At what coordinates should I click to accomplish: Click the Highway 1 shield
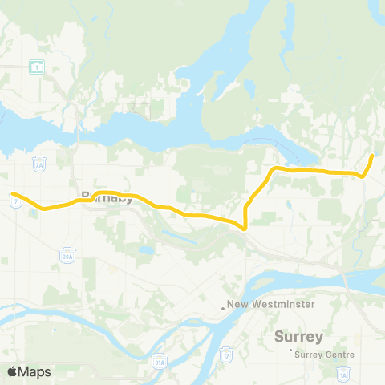click(37, 68)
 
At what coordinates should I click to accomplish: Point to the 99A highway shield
click(66, 254)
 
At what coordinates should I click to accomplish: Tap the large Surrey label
click(298, 335)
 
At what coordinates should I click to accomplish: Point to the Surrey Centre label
click(325, 351)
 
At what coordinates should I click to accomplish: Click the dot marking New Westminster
click(224, 306)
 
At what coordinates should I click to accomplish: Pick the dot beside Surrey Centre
click(290, 351)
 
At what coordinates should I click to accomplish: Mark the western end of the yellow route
click(13, 192)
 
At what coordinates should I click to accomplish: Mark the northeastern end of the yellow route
click(373, 155)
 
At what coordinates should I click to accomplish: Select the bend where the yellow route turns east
click(274, 168)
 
